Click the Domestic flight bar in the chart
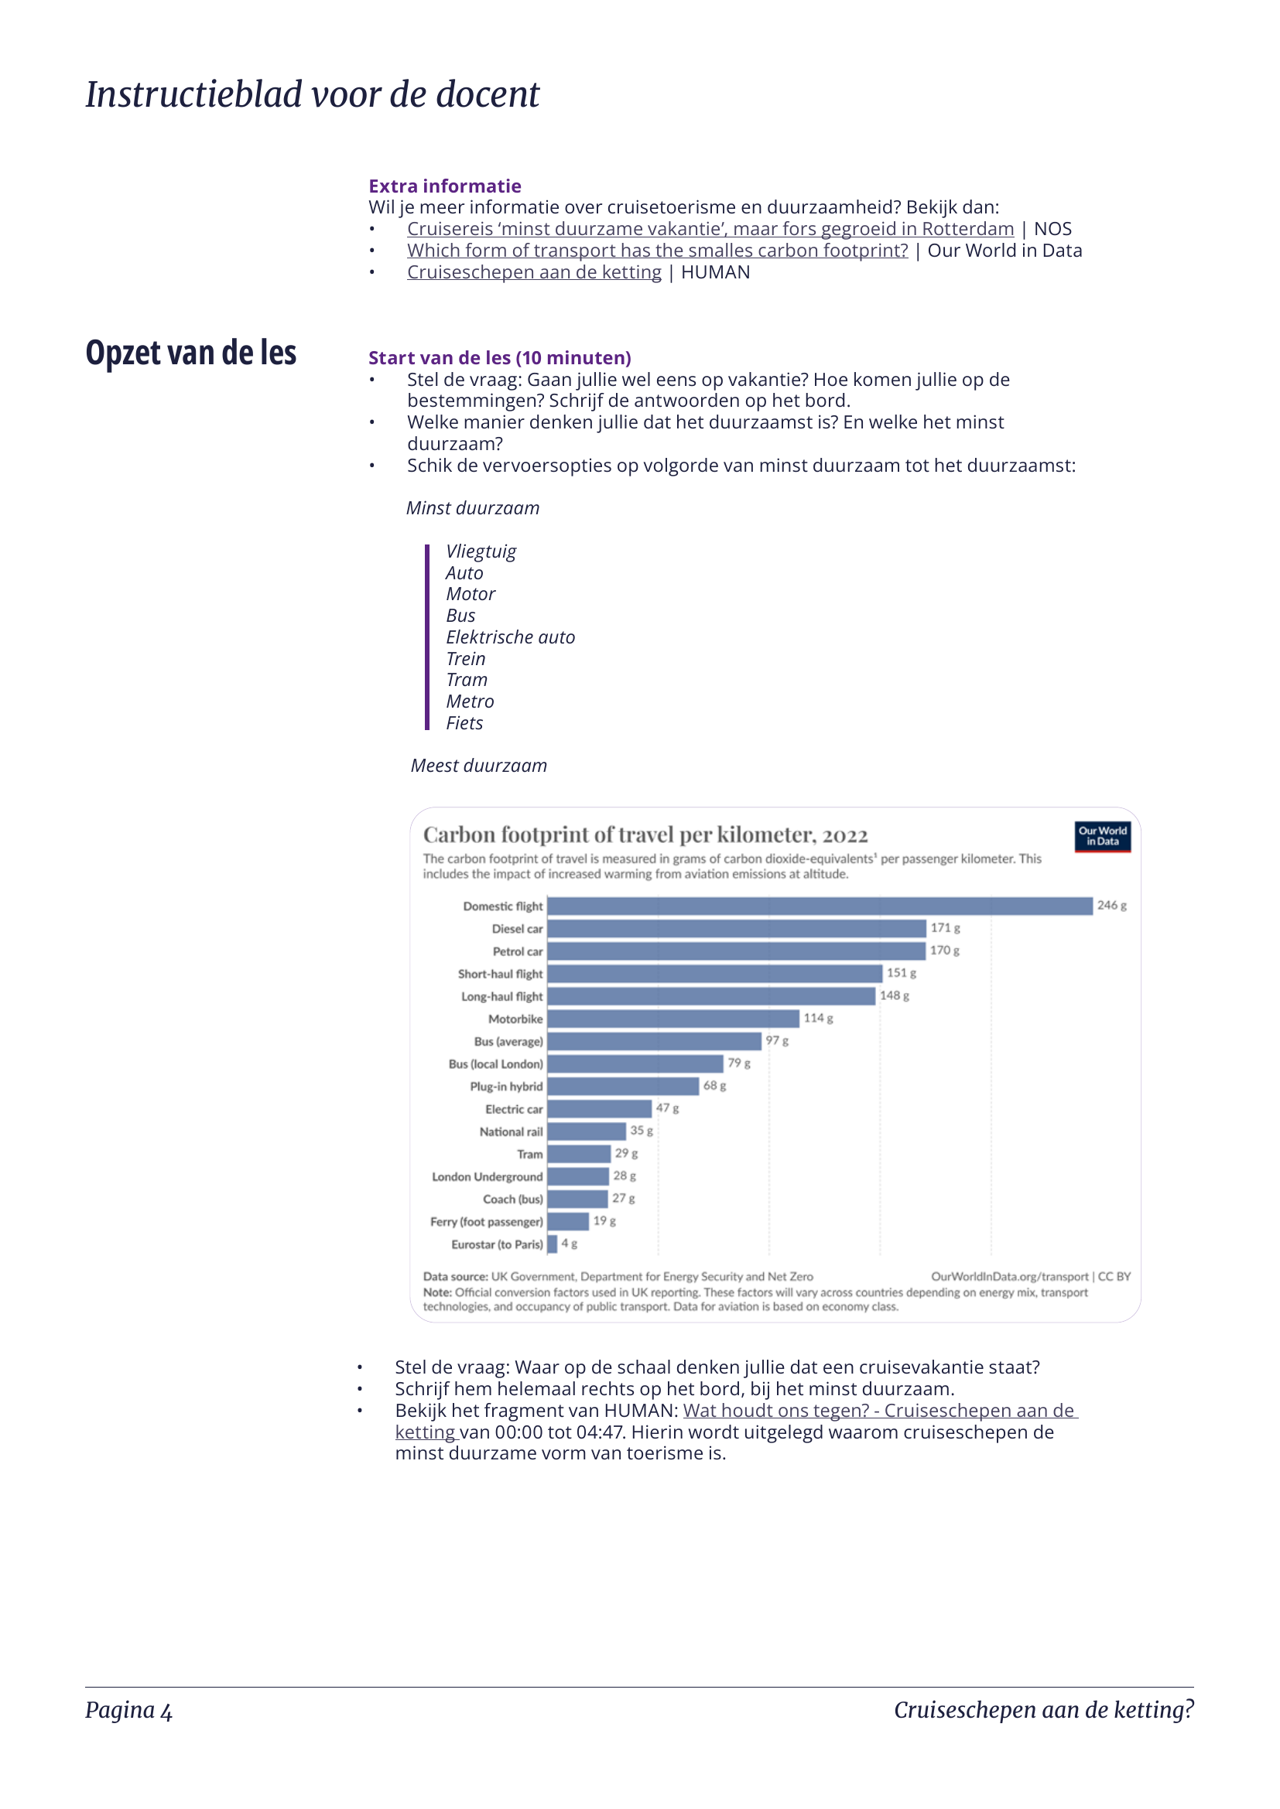pos(820,906)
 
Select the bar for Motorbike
pos(673,1019)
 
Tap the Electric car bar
pos(599,1108)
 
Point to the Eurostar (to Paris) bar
pos(553,1244)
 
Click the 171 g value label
pos(945,928)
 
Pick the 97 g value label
pos(776,1041)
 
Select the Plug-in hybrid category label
pos(506,1087)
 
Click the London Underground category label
pos(487,1176)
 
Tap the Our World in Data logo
pos(1102,837)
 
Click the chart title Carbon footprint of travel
pos(645,835)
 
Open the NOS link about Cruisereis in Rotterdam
pos(710,229)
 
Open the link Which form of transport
pos(657,251)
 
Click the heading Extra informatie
pos(444,186)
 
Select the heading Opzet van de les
pos(190,353)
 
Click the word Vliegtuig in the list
pos(481,551)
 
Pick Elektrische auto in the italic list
pos(510,637)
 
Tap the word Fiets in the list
pos(464,723)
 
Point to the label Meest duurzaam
pos(478,766)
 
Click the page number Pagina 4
pos(128,1711)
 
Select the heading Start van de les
pos(500,358)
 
